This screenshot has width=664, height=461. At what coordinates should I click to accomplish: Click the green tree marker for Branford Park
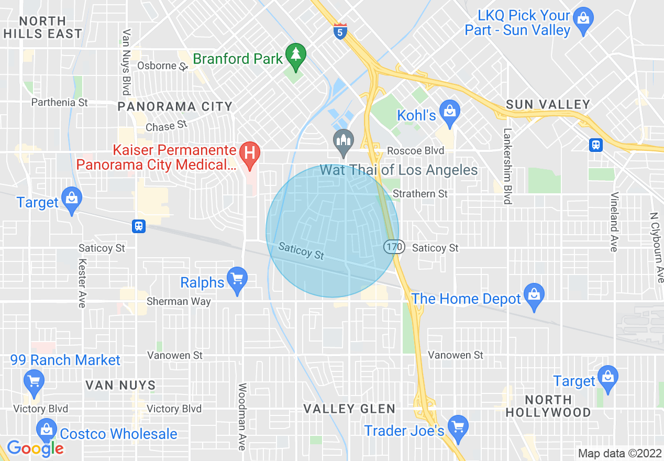point(296,55)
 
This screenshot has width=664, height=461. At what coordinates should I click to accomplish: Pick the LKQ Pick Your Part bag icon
point(583,19)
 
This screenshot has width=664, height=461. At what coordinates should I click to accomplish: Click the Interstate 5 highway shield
point(340,31)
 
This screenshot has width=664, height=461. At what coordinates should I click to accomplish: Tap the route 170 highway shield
point(394,246)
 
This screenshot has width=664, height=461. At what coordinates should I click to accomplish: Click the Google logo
point(35,448)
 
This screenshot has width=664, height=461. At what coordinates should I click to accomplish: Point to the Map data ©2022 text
point(618,453)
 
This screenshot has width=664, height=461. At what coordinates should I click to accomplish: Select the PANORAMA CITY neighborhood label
point(175,107)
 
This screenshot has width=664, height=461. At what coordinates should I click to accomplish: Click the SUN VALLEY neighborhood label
point(548,104)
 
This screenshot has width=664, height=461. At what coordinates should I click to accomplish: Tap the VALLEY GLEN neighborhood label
point(349,409)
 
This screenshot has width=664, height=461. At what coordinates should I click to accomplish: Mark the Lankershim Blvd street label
point(507,166)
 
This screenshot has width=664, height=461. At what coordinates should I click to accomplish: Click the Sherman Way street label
point(179,301)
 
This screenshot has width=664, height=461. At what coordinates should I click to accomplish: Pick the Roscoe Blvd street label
point(415,151)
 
